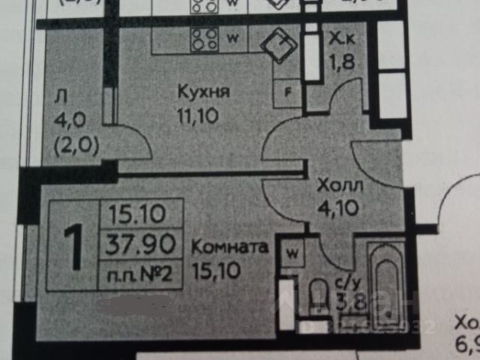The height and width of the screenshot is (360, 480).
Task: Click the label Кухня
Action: click(x=203, y=92)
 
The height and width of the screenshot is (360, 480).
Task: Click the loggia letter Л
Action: click(x=61, y=95)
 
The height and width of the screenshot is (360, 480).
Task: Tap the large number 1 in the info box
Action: click(x=75, y=250)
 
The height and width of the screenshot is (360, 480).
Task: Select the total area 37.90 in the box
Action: click(x=142, y=244)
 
